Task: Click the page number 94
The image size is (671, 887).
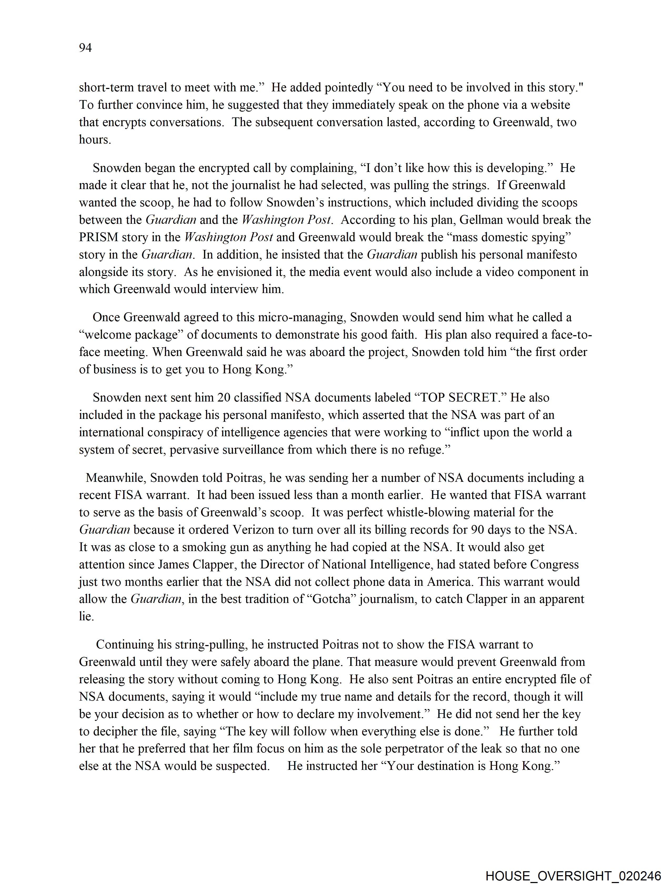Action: coord(85,48)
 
